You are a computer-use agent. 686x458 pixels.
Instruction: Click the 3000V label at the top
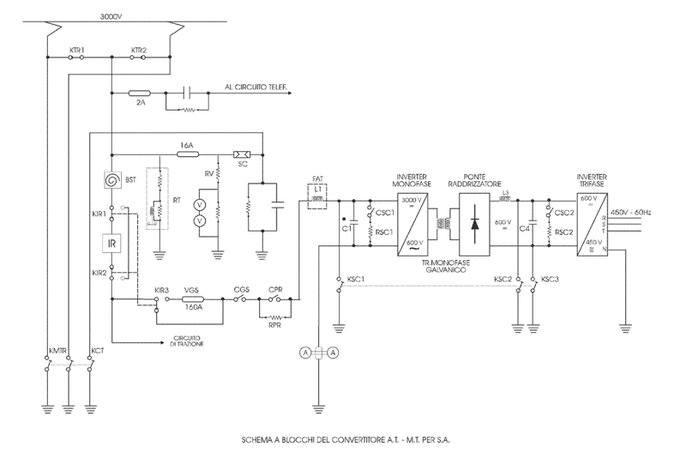point(111,16)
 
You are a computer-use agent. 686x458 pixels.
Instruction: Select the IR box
point(111,244)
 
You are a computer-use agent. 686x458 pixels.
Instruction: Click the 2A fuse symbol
point(139,92)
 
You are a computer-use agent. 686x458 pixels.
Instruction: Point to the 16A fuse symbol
point(186,155)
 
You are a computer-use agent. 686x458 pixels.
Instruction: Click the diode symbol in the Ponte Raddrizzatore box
point(474,222)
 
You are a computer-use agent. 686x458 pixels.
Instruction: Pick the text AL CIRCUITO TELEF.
point(256,87)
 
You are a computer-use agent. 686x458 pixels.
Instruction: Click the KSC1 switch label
point(356,280)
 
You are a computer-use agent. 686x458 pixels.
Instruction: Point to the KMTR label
point(58,352)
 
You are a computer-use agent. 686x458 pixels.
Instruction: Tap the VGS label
point(192,290)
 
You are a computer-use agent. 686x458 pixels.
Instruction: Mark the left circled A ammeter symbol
point(304,352)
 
